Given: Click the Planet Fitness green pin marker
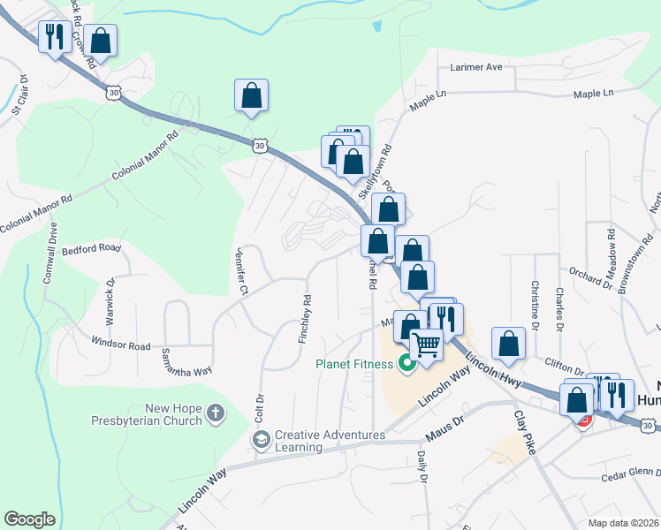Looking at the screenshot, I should coord(407,363).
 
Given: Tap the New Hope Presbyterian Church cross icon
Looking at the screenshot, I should coord(217,413).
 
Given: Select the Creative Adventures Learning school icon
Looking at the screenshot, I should coord(261,440).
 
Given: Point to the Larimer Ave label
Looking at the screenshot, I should coord(475,67).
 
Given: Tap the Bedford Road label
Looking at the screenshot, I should coord(91,249).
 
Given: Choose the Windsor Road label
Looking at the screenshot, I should coord(121,345).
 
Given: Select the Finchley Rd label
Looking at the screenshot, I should coord(305,319).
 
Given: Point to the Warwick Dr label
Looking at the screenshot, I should coord(111,297).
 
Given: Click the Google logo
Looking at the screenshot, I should coord(29,519).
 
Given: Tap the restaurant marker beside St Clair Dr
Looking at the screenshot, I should coord(55,38).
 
